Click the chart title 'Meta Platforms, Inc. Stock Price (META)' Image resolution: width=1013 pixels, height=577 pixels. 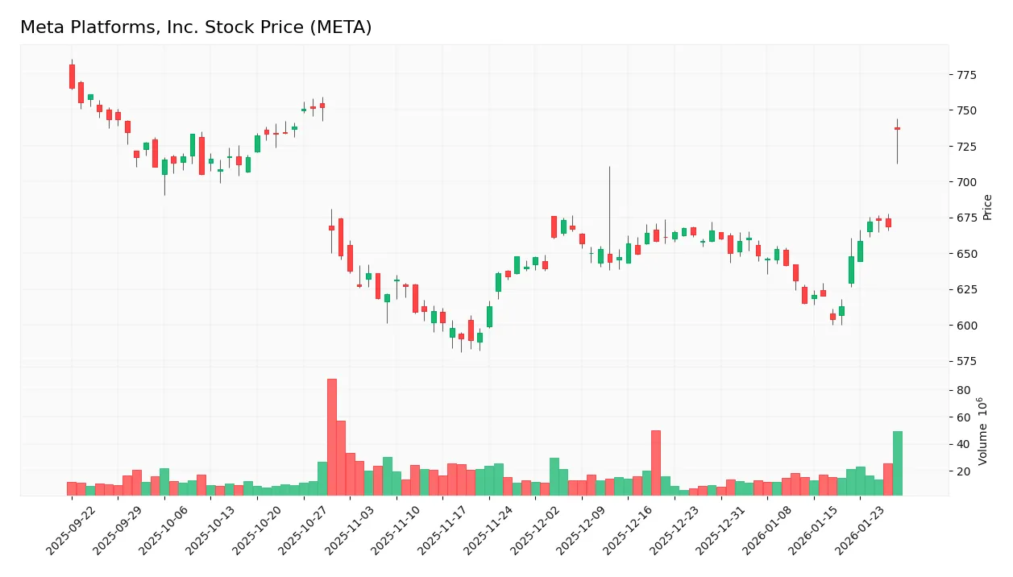[196, 27]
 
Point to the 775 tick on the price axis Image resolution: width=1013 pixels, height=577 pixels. [965, 75]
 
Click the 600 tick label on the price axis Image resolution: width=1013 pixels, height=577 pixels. [965, 326]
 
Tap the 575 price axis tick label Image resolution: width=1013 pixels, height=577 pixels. [965, 361]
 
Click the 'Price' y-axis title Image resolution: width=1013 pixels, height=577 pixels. [987, 207]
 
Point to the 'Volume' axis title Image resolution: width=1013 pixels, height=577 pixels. [983, 431]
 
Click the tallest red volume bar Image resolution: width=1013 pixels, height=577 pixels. [331, 437]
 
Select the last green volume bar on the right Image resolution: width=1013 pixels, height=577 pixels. [897, 463]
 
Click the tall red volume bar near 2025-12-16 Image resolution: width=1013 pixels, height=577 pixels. [655, 463]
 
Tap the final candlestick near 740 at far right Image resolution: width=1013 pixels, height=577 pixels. [897, 129]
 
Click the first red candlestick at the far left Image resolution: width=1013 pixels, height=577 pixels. [72, 77]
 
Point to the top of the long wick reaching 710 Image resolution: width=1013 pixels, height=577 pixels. [609, 168]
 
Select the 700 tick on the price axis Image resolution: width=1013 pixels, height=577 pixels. [965, 182]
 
